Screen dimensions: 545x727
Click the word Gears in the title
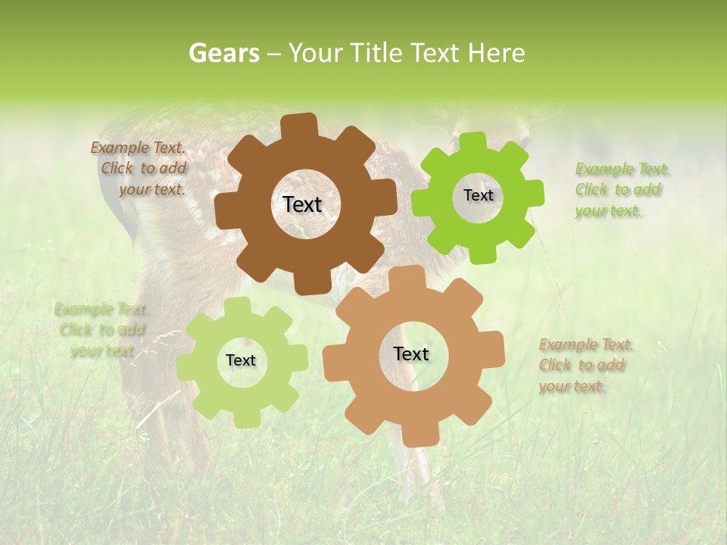[223, 54]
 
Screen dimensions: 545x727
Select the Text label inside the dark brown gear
[302, 204]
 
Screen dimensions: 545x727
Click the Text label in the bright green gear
[478, 195]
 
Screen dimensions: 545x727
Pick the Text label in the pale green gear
[241, 361]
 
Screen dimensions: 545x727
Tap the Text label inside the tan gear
[411, 354]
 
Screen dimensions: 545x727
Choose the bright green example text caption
[622, 190]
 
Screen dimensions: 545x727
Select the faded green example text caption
[101, 330]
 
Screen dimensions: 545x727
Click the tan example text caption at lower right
[585, 366]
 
